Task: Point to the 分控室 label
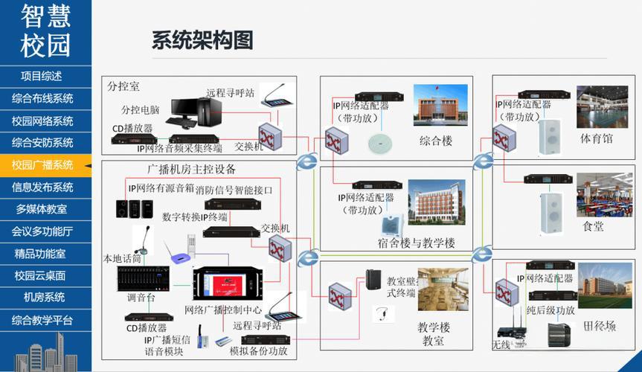[x=123, y=86]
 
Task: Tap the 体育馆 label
[x=596, y=139]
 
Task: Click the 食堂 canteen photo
[x=604, y=196]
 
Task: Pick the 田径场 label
[x=600, y=325]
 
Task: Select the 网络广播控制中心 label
[x=223, y=310]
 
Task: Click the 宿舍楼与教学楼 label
[x=416, y=243]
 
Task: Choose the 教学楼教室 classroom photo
[x=443, y=289]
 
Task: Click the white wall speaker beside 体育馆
[x=549, y=136]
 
